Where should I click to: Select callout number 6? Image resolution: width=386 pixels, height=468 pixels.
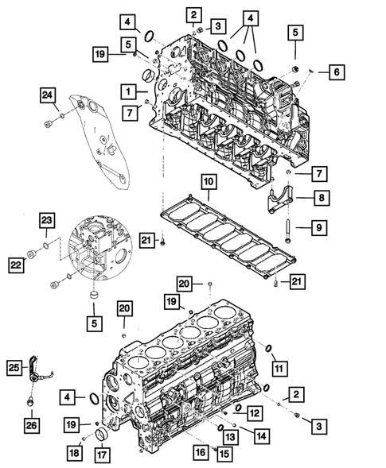(335, 72)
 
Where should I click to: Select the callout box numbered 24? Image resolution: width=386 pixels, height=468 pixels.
(49, 96)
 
